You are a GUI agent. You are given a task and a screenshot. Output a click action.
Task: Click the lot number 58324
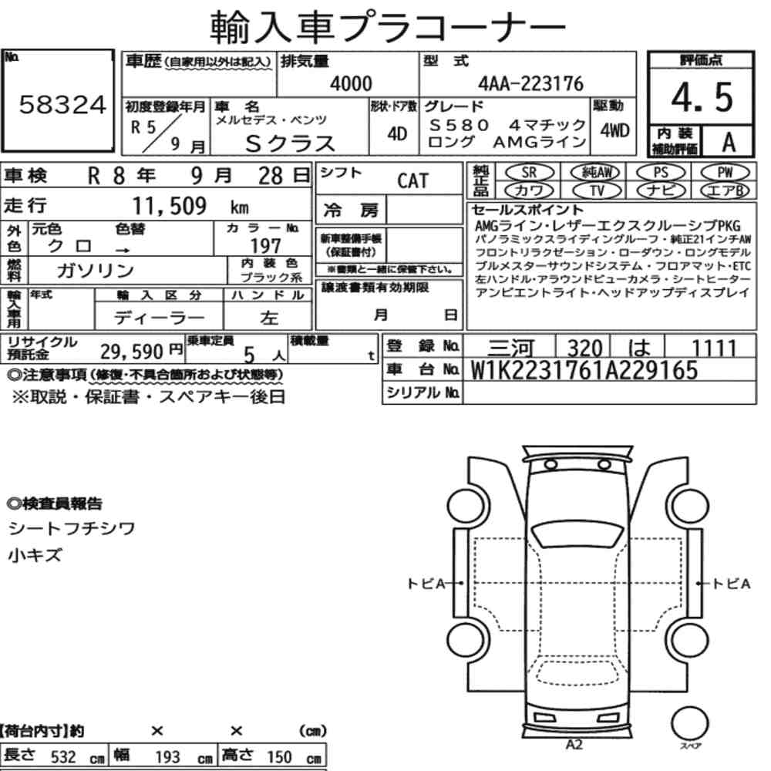tap(62, 104)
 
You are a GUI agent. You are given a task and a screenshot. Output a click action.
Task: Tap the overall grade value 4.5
tap(702, 97)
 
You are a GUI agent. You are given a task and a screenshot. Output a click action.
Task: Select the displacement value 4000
tap(351, 83)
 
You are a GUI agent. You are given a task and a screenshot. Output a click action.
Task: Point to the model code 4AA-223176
tap(530, 83)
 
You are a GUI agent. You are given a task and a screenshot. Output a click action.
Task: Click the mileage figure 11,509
tap(169, 206)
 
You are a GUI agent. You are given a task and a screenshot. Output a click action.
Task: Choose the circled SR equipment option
tap(529, 173)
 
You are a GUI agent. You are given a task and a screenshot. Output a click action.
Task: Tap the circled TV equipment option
tap(597, 190)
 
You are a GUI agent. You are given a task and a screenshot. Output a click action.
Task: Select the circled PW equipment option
tap(726, 173)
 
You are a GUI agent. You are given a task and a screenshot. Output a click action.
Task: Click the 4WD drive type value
tap(614, 130)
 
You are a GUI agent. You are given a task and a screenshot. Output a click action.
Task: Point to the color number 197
tap(265, 245)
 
